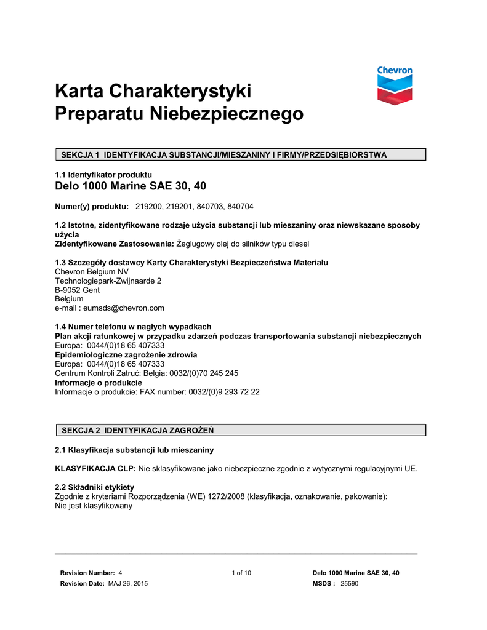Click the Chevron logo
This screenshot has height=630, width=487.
(395, 86)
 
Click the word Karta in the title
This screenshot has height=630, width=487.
(78, 91)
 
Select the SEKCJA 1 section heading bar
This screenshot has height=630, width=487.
(241, 154)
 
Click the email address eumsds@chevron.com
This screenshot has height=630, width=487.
(120, 308)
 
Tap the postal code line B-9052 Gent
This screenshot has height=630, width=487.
(78, 289)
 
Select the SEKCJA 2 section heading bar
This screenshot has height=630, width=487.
(241, 429)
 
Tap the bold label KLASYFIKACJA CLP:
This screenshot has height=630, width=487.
(95, 468)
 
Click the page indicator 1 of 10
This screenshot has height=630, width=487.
(241, 573)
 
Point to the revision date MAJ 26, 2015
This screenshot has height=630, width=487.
(128, 583)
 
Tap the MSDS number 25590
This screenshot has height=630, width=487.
(350, 583)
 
